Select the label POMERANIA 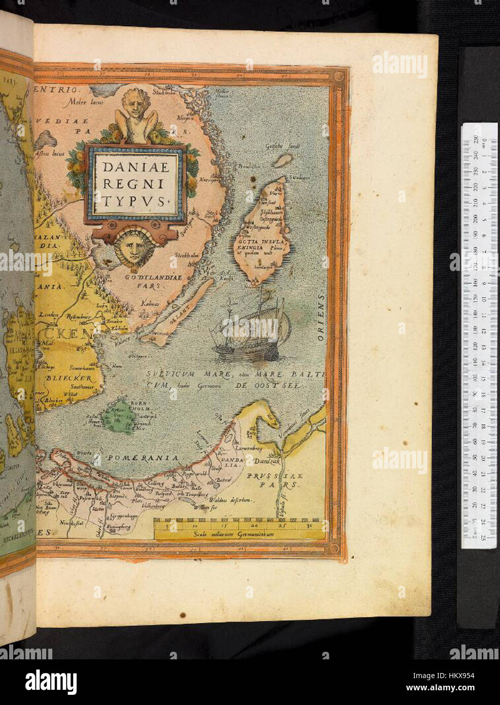[x=142, y=458]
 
